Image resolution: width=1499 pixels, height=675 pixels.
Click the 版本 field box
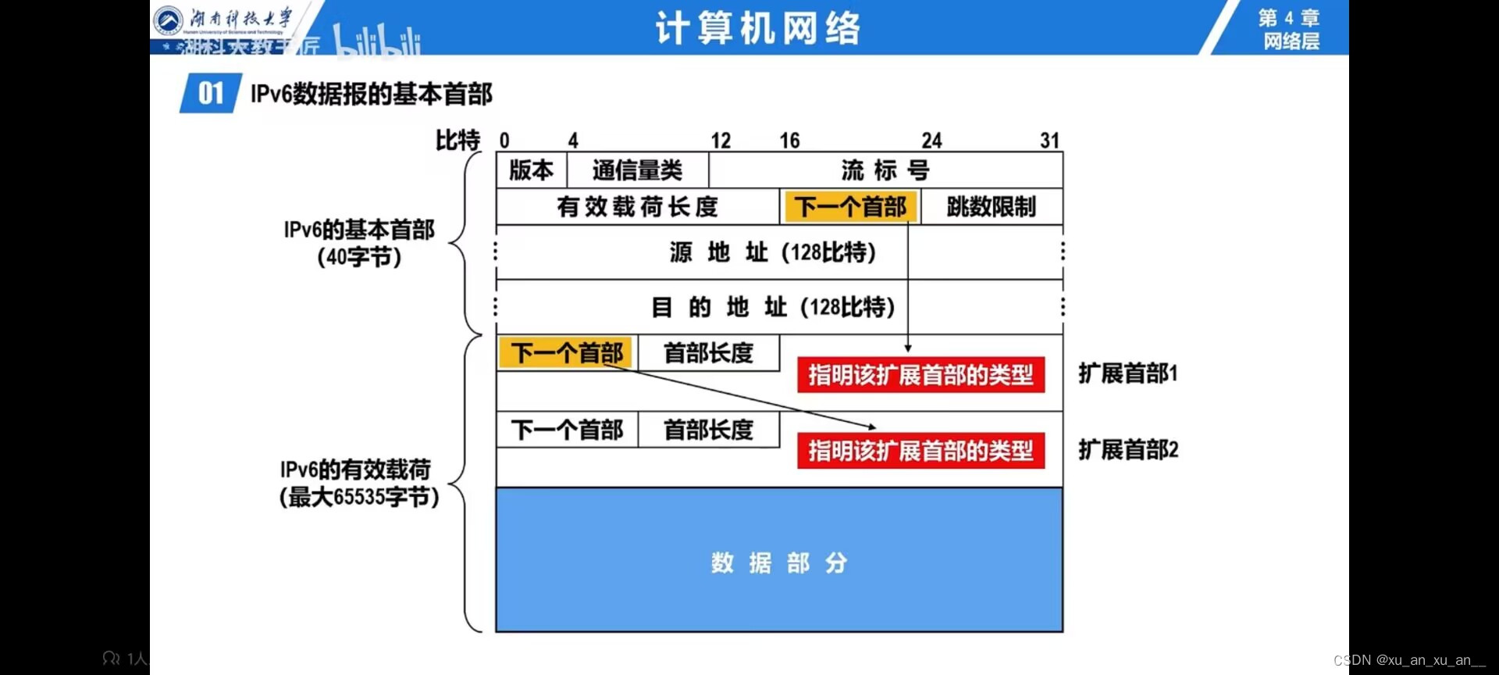tap(531, 170)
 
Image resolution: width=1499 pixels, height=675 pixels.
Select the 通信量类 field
tap(637, 170)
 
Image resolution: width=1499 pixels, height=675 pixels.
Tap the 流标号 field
tap(885, 170)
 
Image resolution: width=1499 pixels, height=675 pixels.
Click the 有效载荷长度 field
tap(637, 207)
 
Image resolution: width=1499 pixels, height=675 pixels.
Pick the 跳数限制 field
tap(992, 207)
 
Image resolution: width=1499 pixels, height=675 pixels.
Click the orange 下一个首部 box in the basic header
tap(849, 207)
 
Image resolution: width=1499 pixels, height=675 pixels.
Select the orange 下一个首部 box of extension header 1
tap(567, 353)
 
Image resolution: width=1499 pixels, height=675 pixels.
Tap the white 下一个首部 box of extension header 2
tap(567, 430)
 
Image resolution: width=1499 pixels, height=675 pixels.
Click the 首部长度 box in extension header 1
tap(708, 353)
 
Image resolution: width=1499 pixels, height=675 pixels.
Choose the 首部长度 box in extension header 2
tap(708, 430)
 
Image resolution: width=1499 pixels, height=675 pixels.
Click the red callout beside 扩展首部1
tap(920, 375)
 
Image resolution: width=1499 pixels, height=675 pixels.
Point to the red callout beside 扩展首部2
tap(920, 451)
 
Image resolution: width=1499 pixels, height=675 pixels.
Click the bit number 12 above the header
tap(721, 141)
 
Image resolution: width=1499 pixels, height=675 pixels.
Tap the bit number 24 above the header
tap(931, 141)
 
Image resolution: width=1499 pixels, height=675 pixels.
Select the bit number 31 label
tap(1049, 141)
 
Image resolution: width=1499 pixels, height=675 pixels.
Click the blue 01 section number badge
tap(211, 94)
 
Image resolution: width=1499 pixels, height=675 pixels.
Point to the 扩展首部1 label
tap(1127, 373)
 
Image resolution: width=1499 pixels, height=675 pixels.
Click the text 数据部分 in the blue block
tap(778, 562)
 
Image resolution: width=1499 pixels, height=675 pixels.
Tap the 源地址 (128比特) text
tap(772, 252)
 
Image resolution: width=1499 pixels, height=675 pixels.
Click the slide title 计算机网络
tap(757, 29)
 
